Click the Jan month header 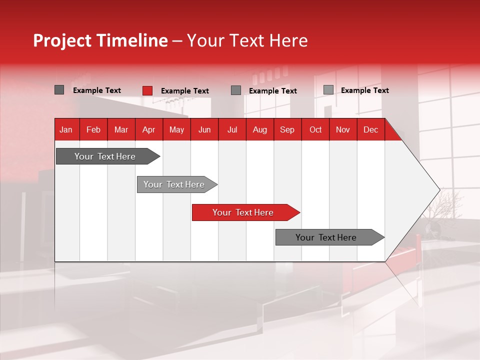click(x=66, y=129)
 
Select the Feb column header click(x=93, y=129)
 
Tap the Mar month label click(x=121, y=129)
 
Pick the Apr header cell click(x=148, y=129)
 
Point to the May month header click(x=176, y=129)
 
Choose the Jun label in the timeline click(x=204, y=129)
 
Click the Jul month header click(x=232, y=129)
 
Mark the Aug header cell click(x=259, y=129)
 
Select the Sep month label click(x=287, y=129)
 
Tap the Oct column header click(x=315, y=129)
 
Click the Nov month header click(x=343, y=129)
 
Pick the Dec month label click(x=370, y=129)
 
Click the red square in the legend click(x=147, y=90)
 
